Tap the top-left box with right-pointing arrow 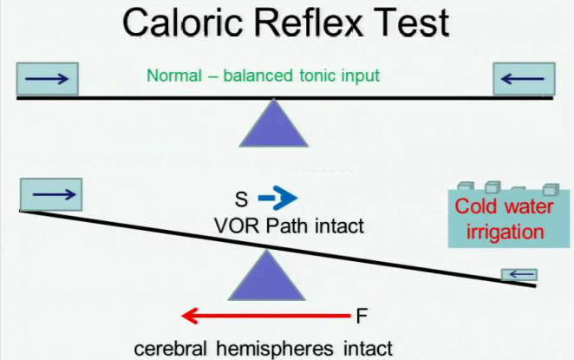pos(48,80)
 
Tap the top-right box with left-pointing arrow pos(524,80)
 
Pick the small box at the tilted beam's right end pos(519,275)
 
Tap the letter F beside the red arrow pos(362,315)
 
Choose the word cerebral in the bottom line pos(168,348)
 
